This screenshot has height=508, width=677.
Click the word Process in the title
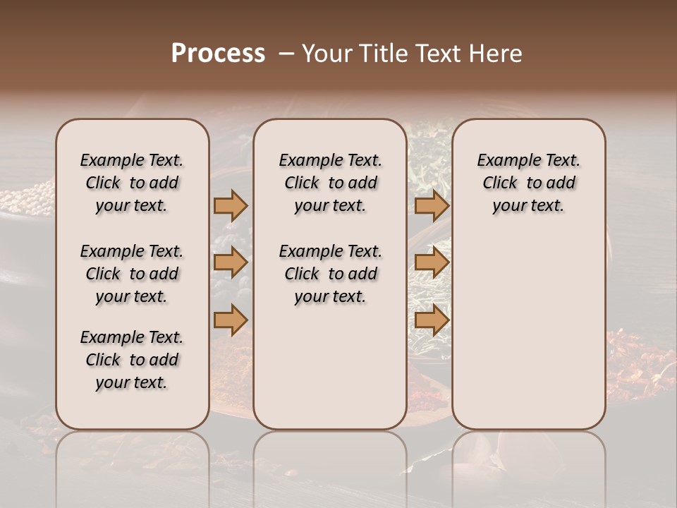tap(217, 54)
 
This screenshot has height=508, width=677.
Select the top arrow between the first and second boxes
tap(231, 205)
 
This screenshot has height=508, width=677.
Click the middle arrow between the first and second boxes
tap(231, 263)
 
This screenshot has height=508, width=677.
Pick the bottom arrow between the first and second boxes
tap(231, 320)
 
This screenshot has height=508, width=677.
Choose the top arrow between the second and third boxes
tap(432, 205)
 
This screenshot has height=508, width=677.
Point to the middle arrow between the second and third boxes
tap(432, 263)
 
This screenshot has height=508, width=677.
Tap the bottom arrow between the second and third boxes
tap(432, 320)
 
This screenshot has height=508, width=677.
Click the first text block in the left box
tap(132, 183)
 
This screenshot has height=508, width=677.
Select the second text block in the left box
tap(132, 274)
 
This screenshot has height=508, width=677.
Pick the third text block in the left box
tap(132, 360)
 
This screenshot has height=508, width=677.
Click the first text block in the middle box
tap(330, 183)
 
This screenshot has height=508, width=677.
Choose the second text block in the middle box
tap(330, 274)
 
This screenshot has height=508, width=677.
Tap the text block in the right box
tap(528, 183)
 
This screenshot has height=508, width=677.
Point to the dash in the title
tap(286, 54)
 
